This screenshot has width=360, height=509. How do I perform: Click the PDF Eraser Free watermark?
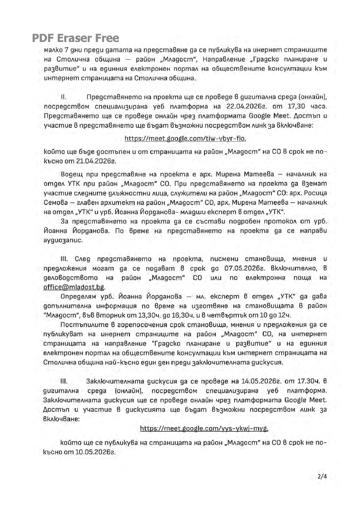pos(75,39)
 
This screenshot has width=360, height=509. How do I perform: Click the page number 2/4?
pos(322,476)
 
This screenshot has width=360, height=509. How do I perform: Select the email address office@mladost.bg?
pos(73,287)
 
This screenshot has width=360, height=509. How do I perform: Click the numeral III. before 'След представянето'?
pos(66,258)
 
